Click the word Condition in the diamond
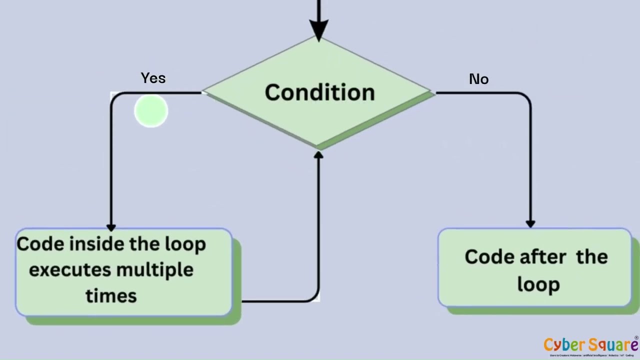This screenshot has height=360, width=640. coord(319,93)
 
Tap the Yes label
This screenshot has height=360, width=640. coord(153,78)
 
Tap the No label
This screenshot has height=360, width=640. coord(478,79)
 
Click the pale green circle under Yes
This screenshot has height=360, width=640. coord(151,111)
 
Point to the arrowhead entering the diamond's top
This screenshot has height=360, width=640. coord(318,28)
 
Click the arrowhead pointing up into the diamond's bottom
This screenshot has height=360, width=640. coord(318,155)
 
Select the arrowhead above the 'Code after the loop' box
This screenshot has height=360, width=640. coord(530,223)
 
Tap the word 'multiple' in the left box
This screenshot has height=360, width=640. coord(155,270)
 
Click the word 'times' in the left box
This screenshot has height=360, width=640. coord(111,296)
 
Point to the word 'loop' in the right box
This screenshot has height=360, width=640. coord(538,285)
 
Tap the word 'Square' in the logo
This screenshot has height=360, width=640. coord(613,345)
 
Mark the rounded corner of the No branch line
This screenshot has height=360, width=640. coord(526,97)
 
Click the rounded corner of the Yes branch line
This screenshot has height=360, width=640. coord(115,97)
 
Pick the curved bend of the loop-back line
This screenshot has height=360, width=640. coord(314,297)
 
